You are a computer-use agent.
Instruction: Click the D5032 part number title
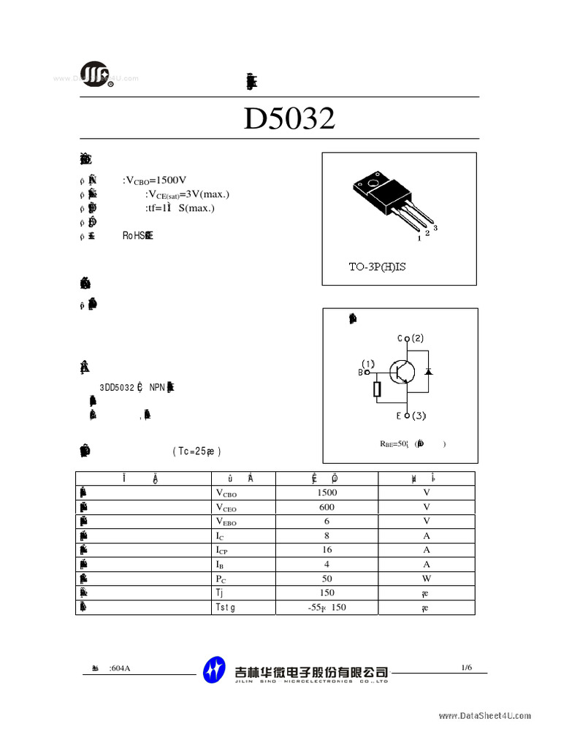(289, 118)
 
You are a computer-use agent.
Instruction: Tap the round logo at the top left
(95, 74)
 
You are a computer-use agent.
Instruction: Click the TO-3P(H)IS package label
(376, 267)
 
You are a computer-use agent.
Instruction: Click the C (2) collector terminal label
(411, 338)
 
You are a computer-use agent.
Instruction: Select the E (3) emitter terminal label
(411, 416)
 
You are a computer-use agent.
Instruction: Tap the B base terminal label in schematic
(361, 372)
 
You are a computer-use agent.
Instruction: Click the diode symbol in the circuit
(428, 372)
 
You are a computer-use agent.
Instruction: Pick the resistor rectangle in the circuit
(377, 389)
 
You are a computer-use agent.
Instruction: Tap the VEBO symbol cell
(226, 522)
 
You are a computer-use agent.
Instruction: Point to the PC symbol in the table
(221, 579)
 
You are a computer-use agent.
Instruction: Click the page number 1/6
(467, 667)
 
